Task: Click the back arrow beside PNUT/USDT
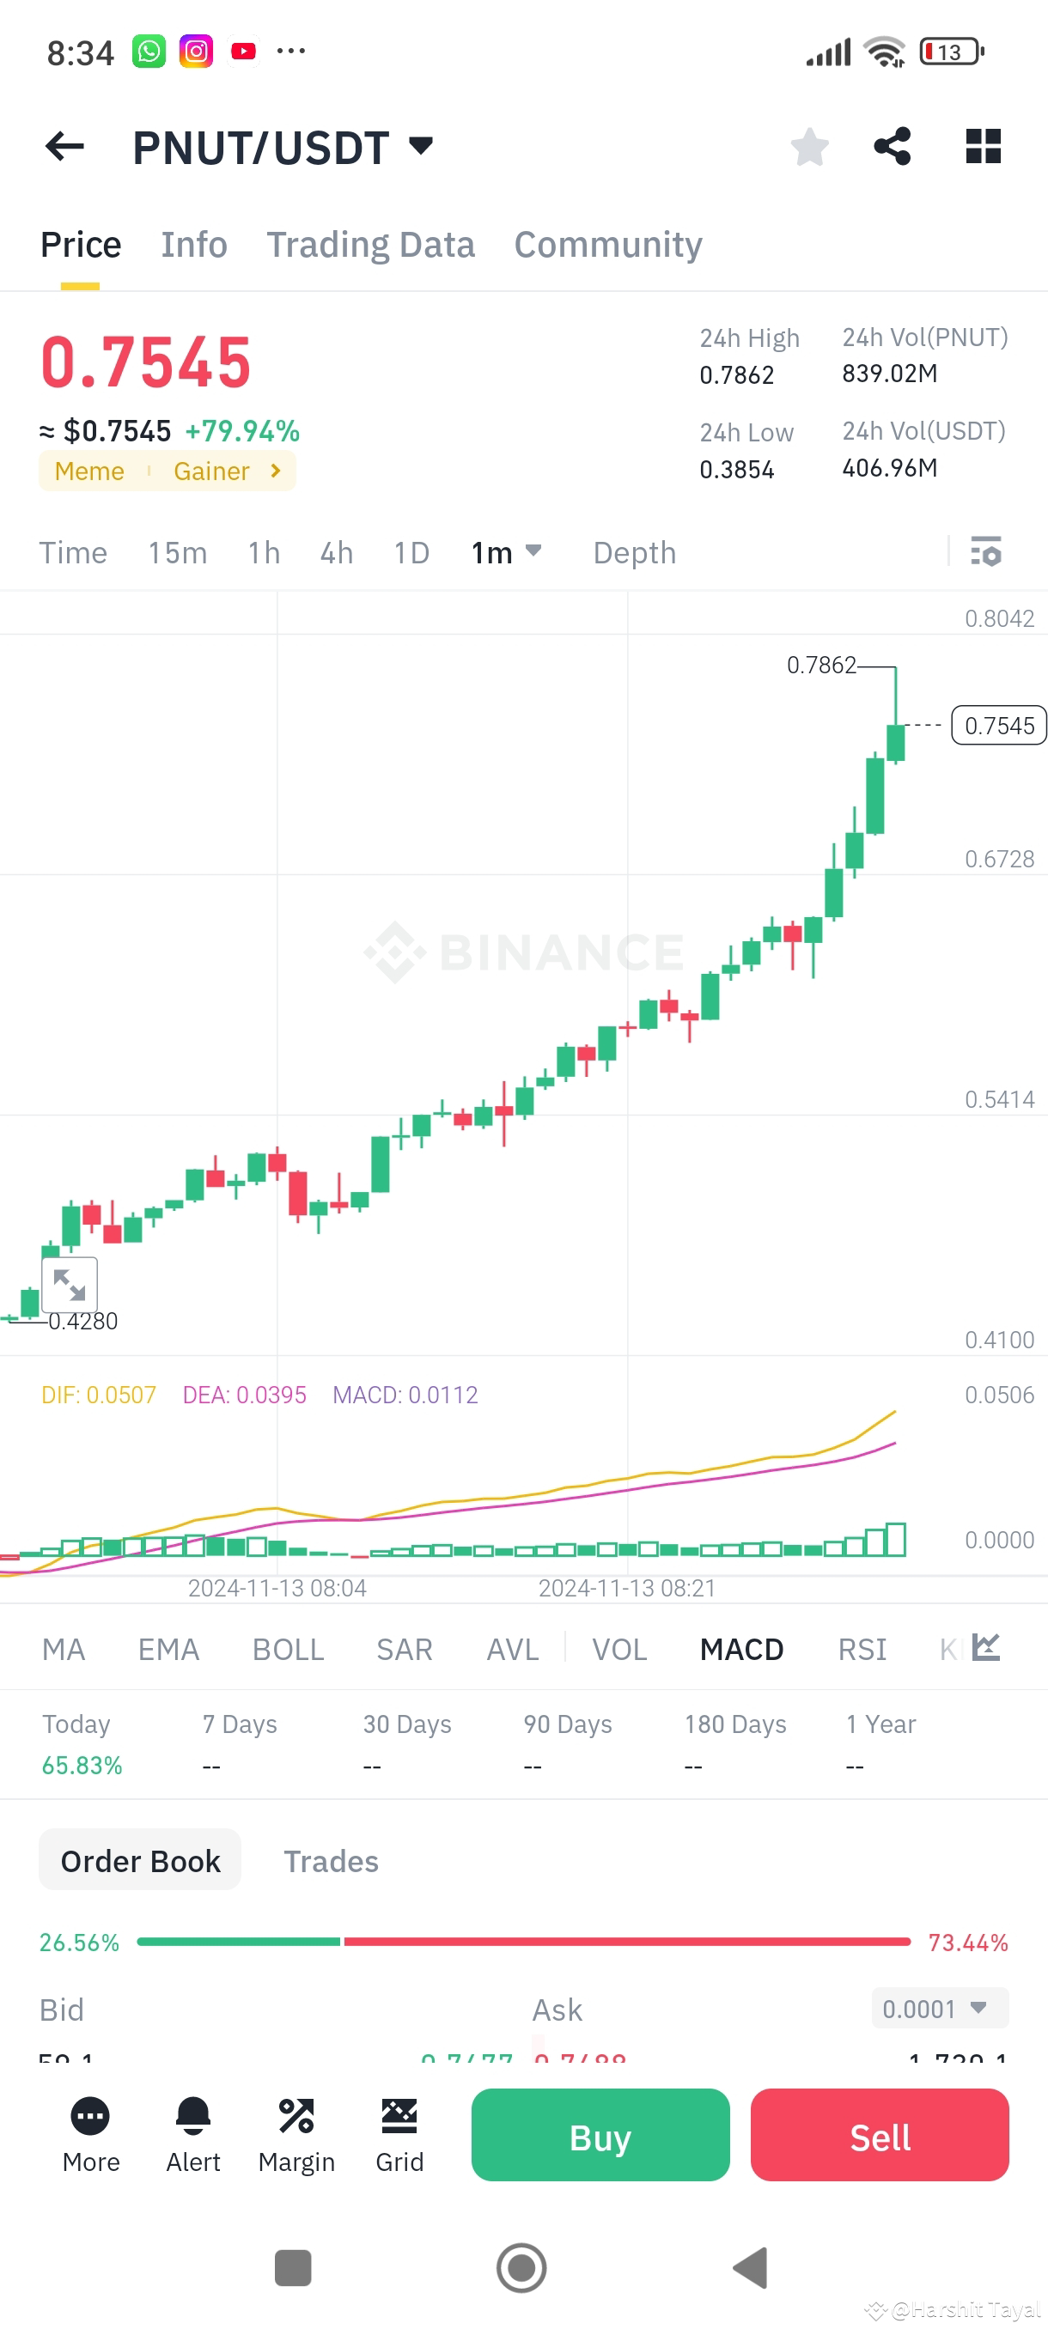coord(65,147)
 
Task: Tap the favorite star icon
coord(809,147)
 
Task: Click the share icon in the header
coord(892,147)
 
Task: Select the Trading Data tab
coord(370,245)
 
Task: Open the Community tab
coord(607,245)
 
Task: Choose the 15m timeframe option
coord(177,552)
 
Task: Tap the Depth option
coord(634,552)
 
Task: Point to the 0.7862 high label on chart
coord(820,666)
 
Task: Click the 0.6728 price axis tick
coord(998,859)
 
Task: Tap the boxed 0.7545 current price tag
coord(998,726)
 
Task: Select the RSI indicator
coord(862,1650)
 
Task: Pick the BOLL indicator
coord(288,1650)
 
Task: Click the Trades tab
coord(331,1862)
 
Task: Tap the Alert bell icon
coord(192,2118)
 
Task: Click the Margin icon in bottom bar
coord(296,2118)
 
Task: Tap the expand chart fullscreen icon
coord(70,1284)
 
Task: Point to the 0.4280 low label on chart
coord(83,1322)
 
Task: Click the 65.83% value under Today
coord(82,1766)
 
